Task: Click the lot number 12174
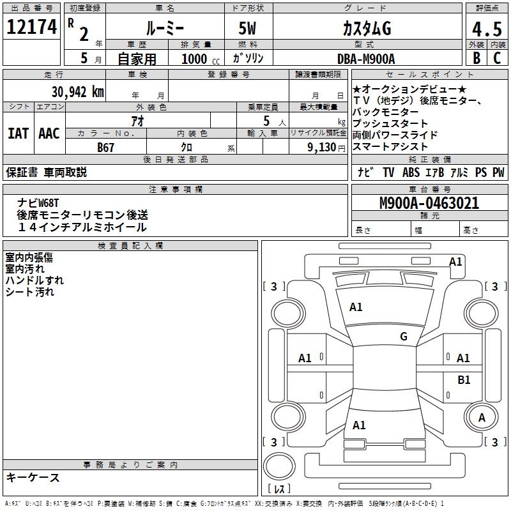[31, 27]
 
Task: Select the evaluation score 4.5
[486, 29]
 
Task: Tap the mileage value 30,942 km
[77, 91]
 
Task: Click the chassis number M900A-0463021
[429, 203]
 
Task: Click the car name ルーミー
[164, 29]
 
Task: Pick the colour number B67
[106, 148]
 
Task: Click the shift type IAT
[18, 133]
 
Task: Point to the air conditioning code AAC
[49, 133]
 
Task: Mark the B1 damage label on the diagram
[464, 380]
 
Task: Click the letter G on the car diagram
[403, 337]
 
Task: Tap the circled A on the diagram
[482, 417]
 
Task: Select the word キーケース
[33, 477]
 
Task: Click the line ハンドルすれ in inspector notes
[34, 280]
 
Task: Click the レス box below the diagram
[279, 489]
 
